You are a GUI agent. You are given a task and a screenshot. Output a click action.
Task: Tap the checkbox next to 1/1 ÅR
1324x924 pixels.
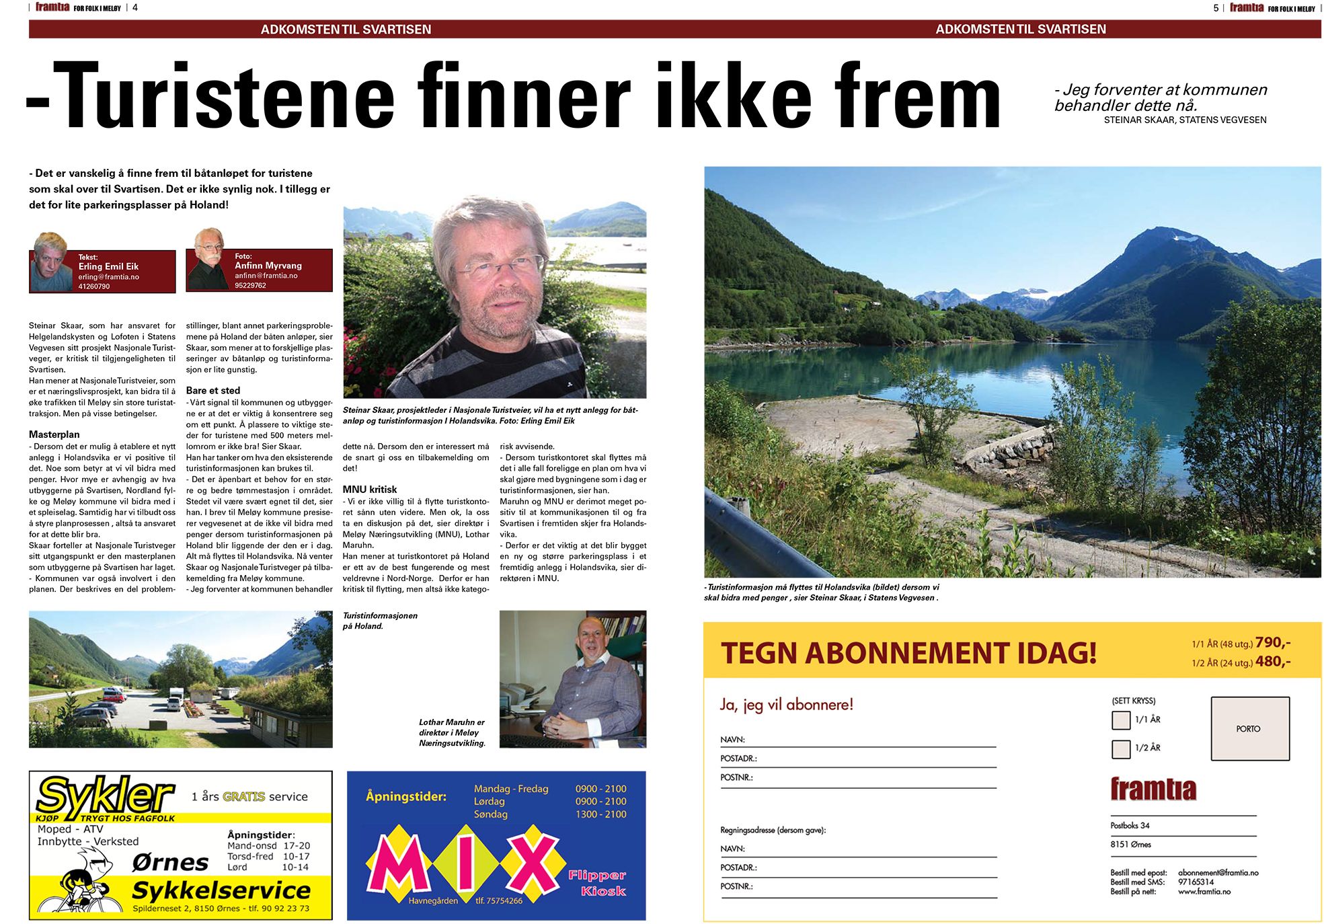pos(1121,720)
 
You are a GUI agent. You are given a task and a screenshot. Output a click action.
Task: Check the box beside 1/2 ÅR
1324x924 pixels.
pos(1121,748)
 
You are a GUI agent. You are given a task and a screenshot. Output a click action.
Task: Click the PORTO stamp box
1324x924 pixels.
pos(1249,728)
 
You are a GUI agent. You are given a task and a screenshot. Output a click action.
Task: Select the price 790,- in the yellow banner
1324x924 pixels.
pos(1273,642)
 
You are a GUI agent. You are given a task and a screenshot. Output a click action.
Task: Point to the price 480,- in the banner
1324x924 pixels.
pos(1273,661)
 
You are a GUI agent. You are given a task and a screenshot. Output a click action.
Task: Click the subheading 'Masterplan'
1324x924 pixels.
pos(54,434)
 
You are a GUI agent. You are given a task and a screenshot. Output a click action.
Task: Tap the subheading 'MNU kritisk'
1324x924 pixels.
pos(370,490)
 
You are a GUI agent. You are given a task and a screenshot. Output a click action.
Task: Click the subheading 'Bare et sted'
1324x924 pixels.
pos(213,390)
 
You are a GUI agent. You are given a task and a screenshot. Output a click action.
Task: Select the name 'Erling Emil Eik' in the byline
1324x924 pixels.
pos(108,266)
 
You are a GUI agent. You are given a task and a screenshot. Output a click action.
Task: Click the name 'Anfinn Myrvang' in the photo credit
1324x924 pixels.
pos(268,266)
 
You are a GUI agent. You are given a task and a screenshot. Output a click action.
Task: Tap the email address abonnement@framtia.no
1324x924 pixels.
pos(1218,872)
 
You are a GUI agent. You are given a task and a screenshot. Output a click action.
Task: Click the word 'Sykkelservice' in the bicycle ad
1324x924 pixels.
pos(221,890)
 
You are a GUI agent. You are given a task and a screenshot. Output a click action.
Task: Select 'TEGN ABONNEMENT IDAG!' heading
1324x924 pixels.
pos(908,652)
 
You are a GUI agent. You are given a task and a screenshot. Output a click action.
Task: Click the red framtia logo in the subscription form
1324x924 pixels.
pos(1153,789)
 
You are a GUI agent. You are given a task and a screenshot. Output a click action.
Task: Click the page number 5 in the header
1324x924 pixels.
pos(1216,8)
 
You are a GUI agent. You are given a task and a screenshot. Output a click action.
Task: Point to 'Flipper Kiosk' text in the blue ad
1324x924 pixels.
pos(597,883)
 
